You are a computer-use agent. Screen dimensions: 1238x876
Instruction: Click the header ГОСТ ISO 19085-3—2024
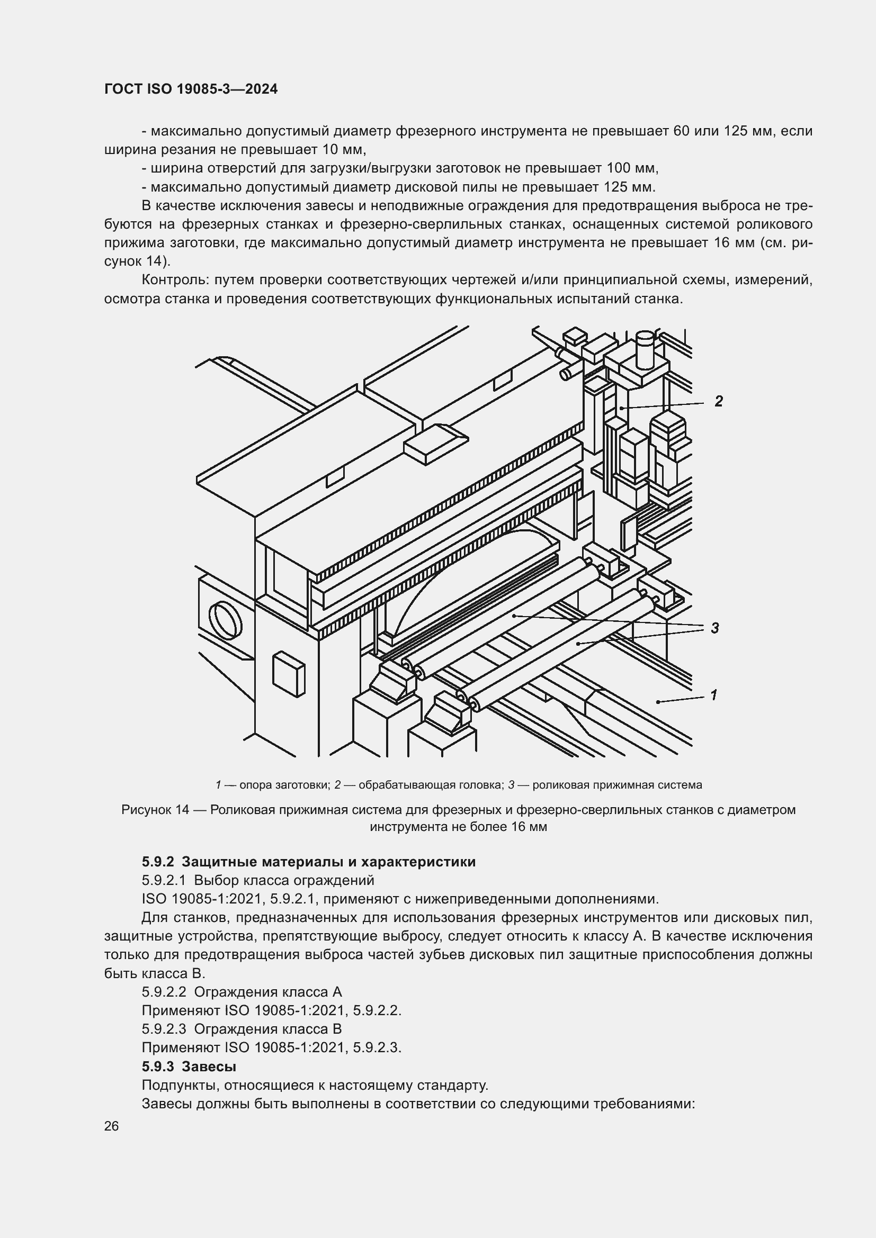[x=191, y=89]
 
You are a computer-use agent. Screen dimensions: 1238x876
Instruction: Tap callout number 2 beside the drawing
[x=718, y=401]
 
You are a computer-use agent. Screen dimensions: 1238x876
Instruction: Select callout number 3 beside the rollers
[x=714, y=628]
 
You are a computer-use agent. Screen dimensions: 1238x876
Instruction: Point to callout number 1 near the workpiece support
[x=713, y=695]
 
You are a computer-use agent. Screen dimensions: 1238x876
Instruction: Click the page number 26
[x=112, y=1126]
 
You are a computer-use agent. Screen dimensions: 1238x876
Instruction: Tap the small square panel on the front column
[x=289, y=674]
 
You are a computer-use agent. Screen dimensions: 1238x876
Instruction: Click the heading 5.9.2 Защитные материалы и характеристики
[x=309, y=862]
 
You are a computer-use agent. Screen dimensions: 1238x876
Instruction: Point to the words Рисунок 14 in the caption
[x=154, y=810]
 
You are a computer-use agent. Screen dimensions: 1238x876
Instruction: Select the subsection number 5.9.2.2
[x=164, y=992]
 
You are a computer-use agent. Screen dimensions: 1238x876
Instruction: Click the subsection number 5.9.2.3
[x=164, y=1029]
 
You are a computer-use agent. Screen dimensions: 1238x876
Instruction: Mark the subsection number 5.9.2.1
[x=164, y=881]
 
